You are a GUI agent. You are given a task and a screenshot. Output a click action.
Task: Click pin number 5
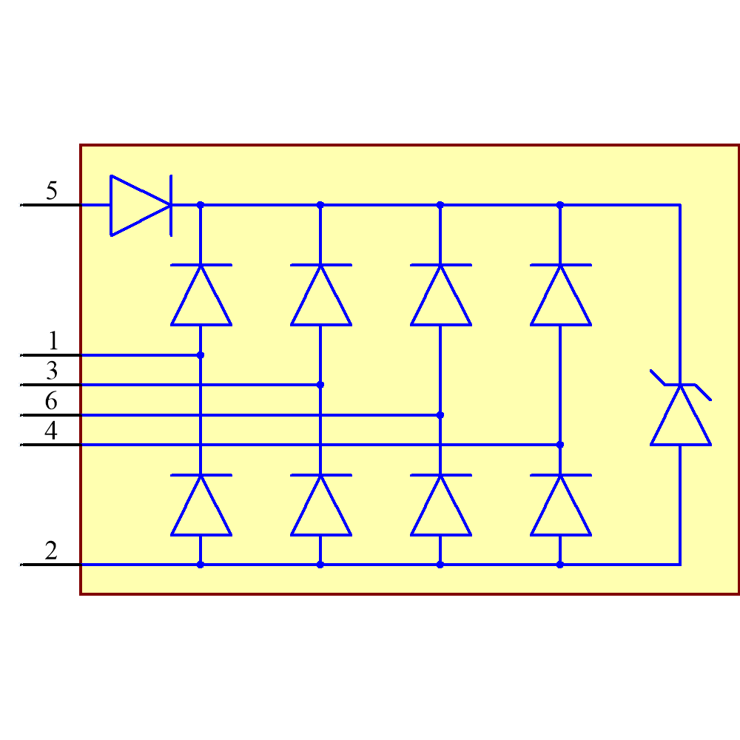tap(51, 191)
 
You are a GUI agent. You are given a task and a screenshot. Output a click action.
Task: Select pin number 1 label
tap(53, 341)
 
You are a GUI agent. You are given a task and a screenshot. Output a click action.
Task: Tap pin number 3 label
tap(51, 371)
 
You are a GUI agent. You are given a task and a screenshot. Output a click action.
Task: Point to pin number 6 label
tap(51, 402)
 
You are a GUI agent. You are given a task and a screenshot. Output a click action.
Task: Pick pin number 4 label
tap(51, 431)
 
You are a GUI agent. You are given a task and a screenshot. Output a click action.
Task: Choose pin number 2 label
tap(51, 551)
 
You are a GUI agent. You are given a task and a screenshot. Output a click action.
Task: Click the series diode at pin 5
tap(141, 205)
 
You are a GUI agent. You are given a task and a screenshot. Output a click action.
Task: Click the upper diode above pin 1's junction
tap(201, 295)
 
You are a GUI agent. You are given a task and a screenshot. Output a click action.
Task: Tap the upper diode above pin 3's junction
tap(320, 295)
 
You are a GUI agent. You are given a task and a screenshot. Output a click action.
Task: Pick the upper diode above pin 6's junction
tap(440, 295)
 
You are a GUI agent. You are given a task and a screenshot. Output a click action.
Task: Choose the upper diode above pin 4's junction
tap(560, 295)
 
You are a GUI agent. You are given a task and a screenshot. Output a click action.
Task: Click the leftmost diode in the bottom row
tap(201, 505)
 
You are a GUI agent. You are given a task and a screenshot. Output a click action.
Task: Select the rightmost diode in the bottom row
tap(560, 505)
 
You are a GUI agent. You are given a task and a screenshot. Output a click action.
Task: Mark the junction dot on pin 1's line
tap(201, 355)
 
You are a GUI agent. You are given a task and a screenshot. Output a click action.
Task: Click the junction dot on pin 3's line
tap(320, 385)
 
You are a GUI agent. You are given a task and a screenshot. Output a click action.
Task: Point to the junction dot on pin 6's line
tap(440, 415)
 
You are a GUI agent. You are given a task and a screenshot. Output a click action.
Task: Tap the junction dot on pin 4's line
tap(560, 445)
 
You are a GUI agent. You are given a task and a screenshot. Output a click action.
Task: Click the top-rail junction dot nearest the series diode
tap(201, 205)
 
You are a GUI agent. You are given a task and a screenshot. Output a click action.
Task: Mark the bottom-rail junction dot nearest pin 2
tap(201, 565)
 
